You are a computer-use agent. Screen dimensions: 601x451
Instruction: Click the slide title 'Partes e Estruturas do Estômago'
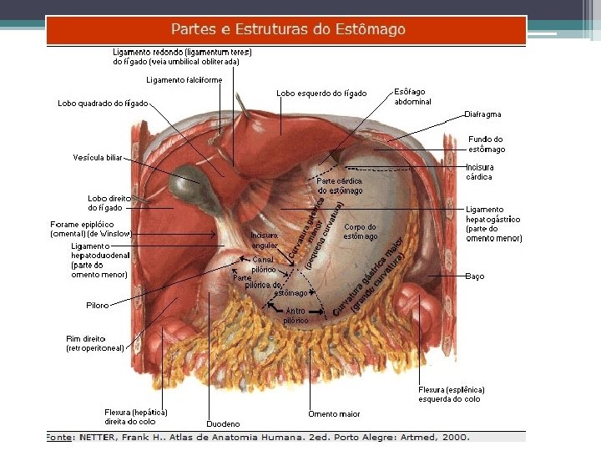click(288, 29)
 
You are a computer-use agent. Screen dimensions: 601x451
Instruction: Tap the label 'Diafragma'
click(482, 114)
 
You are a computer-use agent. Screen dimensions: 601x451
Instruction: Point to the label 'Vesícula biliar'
click(98, 157)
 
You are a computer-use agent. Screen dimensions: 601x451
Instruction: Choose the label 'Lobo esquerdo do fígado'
click(321, 94)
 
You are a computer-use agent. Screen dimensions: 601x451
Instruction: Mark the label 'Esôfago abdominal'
click(412, 96)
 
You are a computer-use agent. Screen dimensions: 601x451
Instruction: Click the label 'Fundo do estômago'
click(486, 144)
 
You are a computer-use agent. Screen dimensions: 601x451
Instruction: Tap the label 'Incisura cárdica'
click(479, 172)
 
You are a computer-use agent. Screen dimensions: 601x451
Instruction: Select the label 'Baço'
click(475, 276)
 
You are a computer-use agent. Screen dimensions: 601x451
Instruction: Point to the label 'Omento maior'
click(334, 413)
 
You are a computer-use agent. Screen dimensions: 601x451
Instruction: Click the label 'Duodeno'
click(223, 424)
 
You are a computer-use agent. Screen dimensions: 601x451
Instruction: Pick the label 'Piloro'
click(98, 306)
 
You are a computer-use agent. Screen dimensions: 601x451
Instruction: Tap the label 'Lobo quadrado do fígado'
click(103, 104)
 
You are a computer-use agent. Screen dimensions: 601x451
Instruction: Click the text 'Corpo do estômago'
click(360, 231)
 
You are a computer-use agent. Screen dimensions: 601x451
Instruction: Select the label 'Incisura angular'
click(264, 241)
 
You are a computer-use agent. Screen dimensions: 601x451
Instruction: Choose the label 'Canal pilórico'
click(263, 265)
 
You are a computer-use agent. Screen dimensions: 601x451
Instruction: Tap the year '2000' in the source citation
click(456, 437)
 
